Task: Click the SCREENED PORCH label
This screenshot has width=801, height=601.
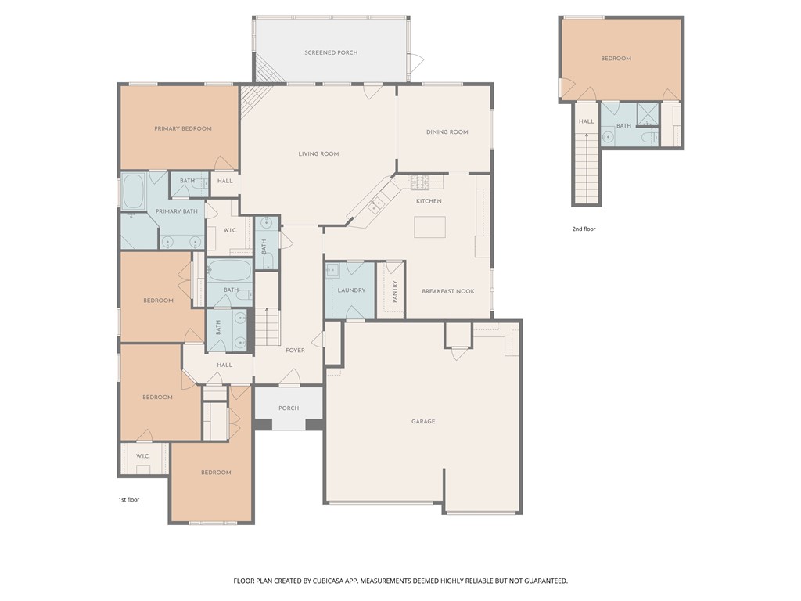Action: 331,52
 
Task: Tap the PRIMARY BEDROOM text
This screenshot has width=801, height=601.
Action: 182,128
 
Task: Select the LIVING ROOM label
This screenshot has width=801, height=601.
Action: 318,154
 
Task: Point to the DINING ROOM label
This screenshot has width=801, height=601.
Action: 447,132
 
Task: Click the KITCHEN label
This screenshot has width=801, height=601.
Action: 429,201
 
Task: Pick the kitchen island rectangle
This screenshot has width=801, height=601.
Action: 430,226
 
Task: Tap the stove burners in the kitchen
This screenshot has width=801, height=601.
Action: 420,182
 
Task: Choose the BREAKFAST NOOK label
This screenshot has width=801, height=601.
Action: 448,291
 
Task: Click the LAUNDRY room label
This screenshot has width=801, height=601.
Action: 351,290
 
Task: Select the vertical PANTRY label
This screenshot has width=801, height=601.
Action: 395,291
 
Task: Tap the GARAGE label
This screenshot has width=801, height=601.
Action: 423,422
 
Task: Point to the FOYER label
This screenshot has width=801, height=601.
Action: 295,351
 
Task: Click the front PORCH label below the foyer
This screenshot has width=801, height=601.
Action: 289,408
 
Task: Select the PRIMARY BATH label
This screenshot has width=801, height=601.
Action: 176,211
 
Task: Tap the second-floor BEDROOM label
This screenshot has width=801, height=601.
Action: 616,59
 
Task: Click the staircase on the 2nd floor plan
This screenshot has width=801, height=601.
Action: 587,168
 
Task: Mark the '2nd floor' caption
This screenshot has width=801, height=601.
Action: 584,229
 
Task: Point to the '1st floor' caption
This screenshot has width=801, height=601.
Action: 128,499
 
